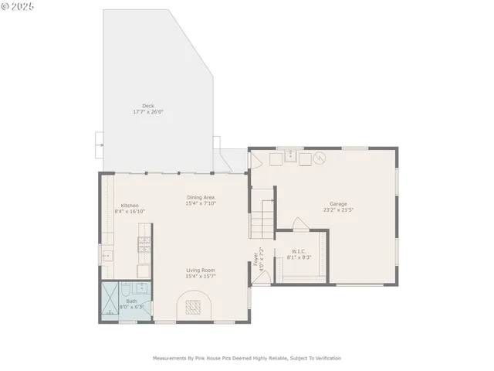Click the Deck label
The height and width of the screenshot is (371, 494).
[147, 106]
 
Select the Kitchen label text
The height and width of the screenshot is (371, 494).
[129, 206]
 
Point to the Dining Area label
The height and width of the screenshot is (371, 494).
[200, 198]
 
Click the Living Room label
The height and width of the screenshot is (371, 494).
[200, 271]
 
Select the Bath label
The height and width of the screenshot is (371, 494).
[131, 301]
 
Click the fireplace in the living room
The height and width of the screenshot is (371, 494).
[195, 307]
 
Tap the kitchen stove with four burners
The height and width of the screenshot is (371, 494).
[144, 245]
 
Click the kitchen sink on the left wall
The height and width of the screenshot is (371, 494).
[107, 254]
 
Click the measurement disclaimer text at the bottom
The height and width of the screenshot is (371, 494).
[246, 358]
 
